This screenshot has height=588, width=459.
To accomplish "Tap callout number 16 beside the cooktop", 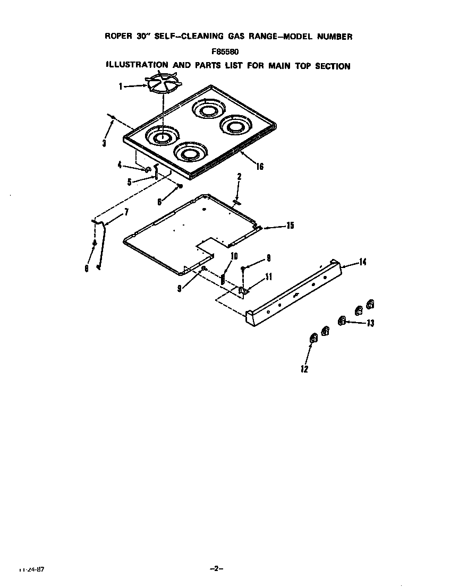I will click(x=259, y=166).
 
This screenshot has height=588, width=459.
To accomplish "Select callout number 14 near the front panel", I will click(x=363, y=262).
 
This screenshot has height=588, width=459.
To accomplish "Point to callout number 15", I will click(x=290, y=226).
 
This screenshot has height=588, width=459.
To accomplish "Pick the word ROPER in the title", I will click(x=118, y=37).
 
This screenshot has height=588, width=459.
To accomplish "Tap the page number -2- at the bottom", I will click(x=216, y=568).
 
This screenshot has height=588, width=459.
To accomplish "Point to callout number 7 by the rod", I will click(x=126, y=212).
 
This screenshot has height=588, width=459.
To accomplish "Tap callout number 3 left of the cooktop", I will click(x=105, y=143).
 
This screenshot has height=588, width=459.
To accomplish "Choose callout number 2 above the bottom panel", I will click(x=240, y=177).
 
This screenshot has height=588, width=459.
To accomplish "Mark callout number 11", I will click(x=269, y=276).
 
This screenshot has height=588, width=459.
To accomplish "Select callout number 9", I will click(x=180, y=288).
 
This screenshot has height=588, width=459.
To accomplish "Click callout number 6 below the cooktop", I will click(x=160, y=202).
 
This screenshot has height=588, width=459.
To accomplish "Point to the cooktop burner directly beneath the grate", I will click(x=161, y=137).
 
